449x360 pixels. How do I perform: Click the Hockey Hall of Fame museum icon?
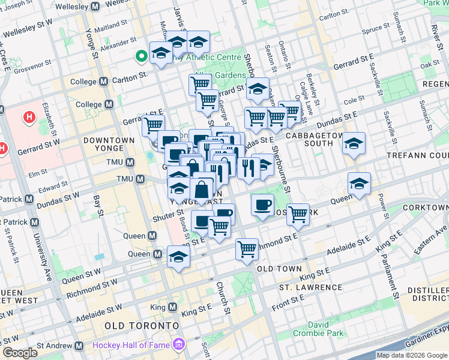coord(178,345)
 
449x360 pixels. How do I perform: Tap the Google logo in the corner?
coord(20,352)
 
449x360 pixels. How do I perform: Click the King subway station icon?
coord(173,307)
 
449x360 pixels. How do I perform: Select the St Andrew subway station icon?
coord(79,346)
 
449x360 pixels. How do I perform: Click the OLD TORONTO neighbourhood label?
coord(142,325)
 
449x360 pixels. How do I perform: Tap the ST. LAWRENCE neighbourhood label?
coord(310,287)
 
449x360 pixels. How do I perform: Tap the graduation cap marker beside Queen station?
coord(178,256)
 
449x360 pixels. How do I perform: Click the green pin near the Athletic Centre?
coord(142,57)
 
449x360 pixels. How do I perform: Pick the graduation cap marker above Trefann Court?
coord(354,143)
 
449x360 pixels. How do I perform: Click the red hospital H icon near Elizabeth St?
coord(29,116)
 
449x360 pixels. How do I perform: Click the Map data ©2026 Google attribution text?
coord(412,355)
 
